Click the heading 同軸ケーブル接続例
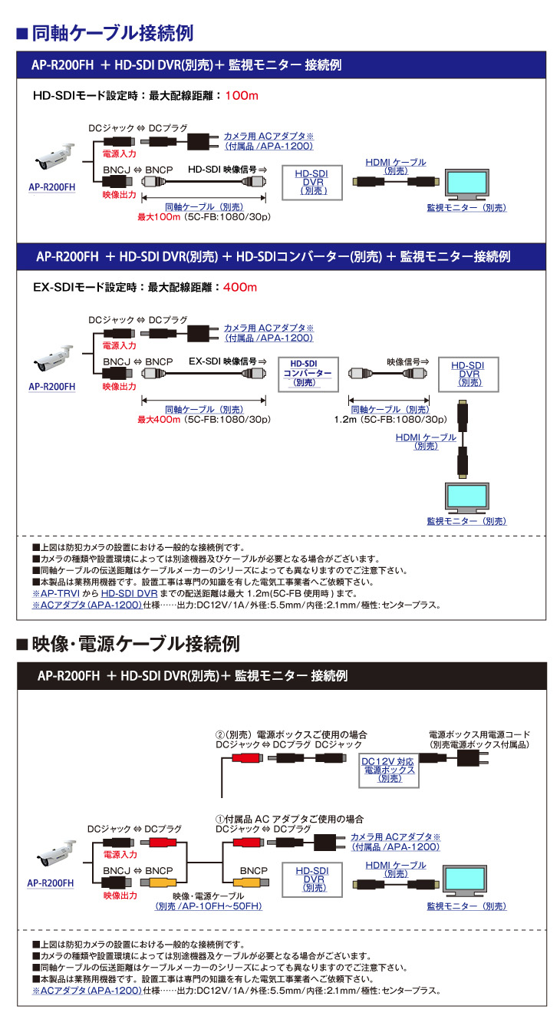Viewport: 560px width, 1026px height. pyautogui.click(x=111, y=33)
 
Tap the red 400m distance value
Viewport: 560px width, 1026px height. pyautogui.click(x=239, y=288)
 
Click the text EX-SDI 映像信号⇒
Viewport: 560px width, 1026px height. pyautogui.click(x=227, y=360)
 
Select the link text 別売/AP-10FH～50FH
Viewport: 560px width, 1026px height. pyautogui.click(x=209, y=906)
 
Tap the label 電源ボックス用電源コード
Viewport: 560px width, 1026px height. pyautogui.click(x=479, y=734)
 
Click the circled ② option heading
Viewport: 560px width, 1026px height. pyautogui.click(x=292, y=734)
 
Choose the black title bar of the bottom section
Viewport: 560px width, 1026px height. pyautogui.click(x=282, y=676)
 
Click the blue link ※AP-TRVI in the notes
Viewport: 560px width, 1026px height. pyautogui.click(x=53, y=593)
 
